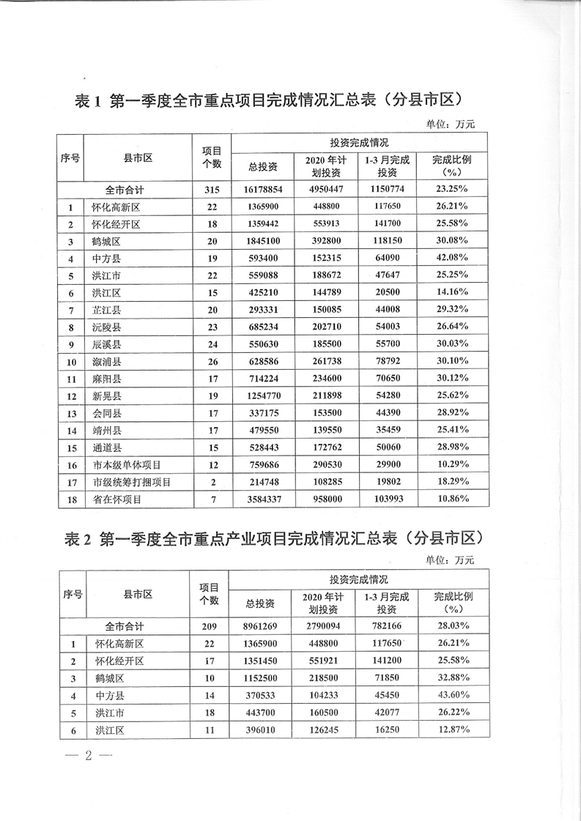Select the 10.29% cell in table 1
451,464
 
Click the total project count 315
212,190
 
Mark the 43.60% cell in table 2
451,695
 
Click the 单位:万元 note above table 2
450,560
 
